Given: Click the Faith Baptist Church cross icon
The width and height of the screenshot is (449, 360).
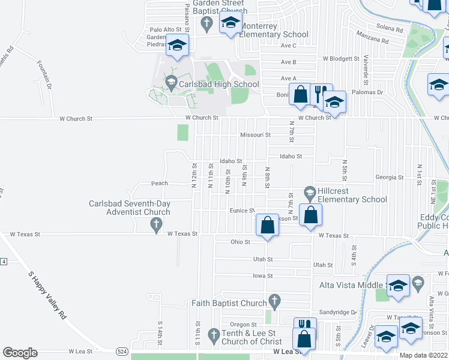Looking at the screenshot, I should pyautogui.click(x=274, y=299).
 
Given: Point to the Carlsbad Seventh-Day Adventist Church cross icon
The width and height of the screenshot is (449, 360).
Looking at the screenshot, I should pyautogui.click(x=156, y=225).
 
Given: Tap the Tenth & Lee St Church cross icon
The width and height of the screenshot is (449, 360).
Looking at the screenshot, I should pyautogui.click(x=213, y=333).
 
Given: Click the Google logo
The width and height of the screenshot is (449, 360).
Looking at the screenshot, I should pyautogui.click(x=20, y=353).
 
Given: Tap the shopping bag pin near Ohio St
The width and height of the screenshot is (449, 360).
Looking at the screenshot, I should pyautogui.click(x=268, y=226).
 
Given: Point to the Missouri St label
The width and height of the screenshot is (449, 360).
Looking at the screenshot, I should pyautogui.click(x=256, y=135).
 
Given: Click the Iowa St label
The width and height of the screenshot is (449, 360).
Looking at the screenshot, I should pyautogui.click(x=262, y=276).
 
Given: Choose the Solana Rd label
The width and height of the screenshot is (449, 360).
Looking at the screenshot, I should pyautogui.click(x=391, y=28).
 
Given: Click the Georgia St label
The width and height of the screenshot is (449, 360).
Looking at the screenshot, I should pyautogui.click(x=390, y=178).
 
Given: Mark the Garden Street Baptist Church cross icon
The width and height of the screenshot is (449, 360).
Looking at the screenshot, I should pyautogui.click(x=206, y=24).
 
